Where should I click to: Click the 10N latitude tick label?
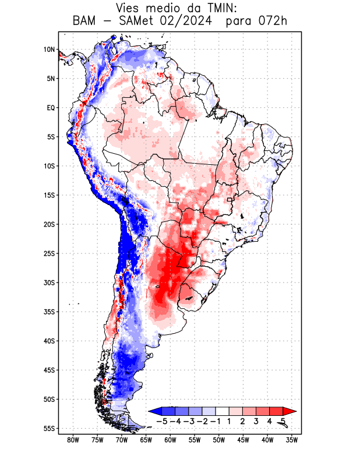pos(49,50)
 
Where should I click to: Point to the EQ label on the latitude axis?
pos(51,108)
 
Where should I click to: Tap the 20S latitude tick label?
pos(49,224)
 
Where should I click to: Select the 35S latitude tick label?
pos(49,312)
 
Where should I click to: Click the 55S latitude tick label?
pos(49,428)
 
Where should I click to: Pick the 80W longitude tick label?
pos(73,440)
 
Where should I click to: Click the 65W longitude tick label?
pos(146,440)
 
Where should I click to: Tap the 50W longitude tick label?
pos(219,440)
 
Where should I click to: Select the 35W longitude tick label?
pos(292,440)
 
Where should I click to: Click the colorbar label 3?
pos(256,421)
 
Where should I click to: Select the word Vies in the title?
pos(132,9)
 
